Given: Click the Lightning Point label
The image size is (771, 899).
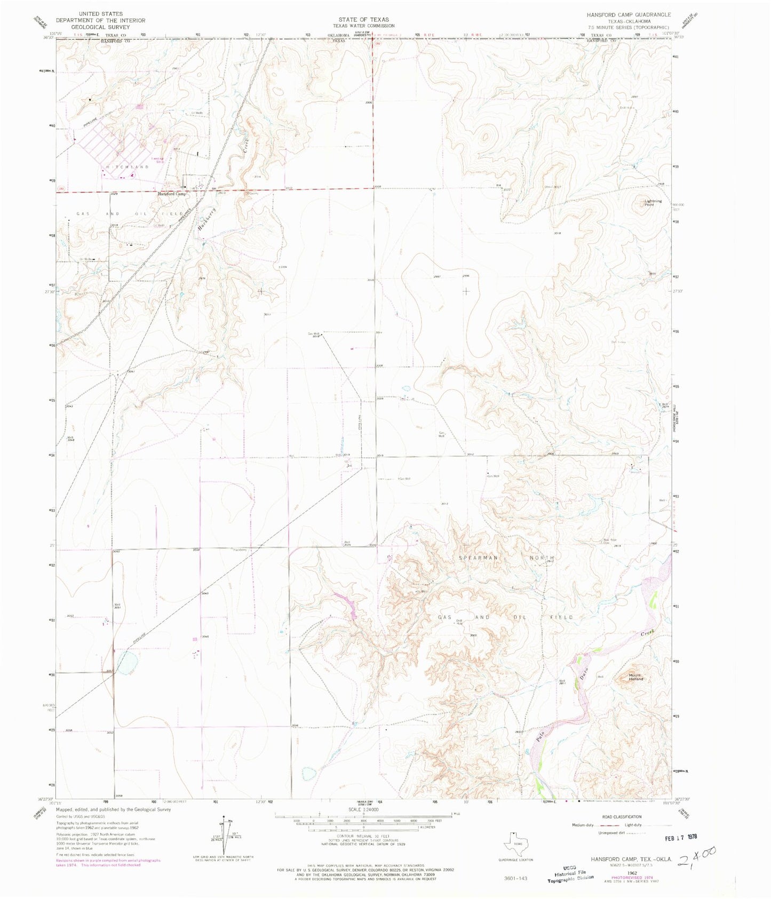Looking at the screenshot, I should [x=653, y=203].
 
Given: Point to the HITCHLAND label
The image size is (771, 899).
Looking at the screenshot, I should [x=127, y=167].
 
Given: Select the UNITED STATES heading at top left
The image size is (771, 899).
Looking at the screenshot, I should [x=100, y=14].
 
